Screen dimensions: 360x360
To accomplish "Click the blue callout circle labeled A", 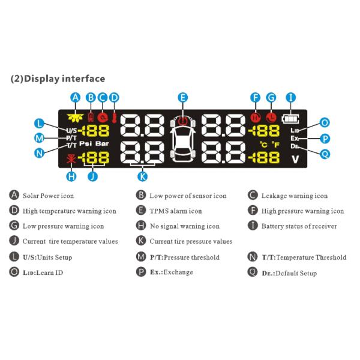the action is click(76, 98).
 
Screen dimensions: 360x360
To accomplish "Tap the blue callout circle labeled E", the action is click(183, 98).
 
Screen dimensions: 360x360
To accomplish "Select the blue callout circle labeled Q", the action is click(325, 154).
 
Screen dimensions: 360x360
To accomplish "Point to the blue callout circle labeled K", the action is click(142, 176).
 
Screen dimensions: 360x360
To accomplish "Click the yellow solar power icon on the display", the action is click(76, 118).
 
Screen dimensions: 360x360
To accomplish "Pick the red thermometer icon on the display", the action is click(114, 118).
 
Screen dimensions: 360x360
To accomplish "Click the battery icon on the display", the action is click(290, 119).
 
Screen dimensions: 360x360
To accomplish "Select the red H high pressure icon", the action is click(256, 118).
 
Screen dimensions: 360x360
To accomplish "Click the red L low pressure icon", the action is click(271, 118).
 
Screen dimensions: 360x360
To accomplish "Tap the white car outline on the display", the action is click(183, 140).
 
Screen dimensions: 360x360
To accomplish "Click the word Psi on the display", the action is click(86, 144).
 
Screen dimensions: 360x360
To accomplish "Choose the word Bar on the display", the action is click(102, 144).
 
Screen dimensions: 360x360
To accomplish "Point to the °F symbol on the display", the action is click(275, 145).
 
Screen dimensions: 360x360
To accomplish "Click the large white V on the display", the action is click(295, 159).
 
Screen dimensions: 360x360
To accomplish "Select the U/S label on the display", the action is click(71, 131).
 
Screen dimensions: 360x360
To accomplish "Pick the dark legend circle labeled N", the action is click(253, 257).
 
